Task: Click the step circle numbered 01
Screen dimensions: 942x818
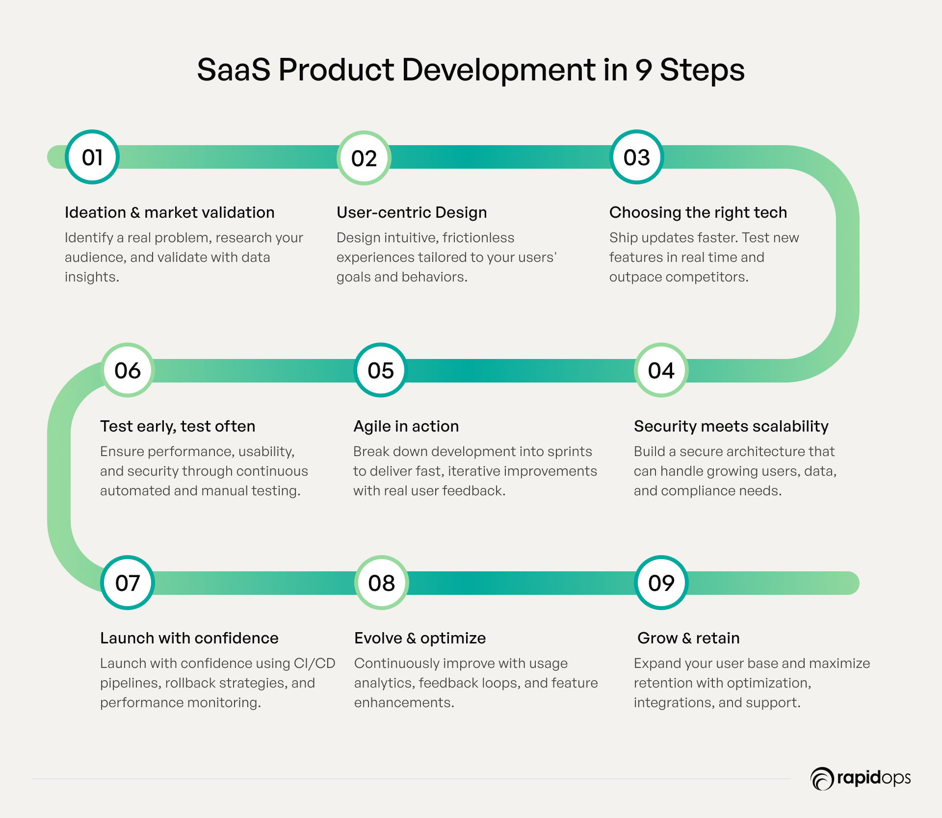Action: (x=92, y=157)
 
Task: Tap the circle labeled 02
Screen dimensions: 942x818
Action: (x=364, y=158)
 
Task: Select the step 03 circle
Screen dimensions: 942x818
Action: (x=637, y=157)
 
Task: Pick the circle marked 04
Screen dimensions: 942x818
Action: (x=661, y=370)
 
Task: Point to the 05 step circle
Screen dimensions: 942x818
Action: (x=381, y=370)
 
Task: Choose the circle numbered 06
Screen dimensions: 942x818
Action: (x=128, y=370)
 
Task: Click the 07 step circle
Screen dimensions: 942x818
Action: (x=128, y=583)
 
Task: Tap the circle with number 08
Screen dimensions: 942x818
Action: (x=382, y=583)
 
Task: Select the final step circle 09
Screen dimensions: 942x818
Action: (x=661, y=583)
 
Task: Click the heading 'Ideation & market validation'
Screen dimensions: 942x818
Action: (x=170, y=212)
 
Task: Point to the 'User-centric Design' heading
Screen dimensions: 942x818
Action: (x=412, y=212)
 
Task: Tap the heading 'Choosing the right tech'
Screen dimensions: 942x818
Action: (x=698, y=212)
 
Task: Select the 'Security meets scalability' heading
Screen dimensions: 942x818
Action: (x=731, y=426)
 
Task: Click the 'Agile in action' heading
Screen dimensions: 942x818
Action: (x=406, y=426)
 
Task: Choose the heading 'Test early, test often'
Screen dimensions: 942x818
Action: (x=178, y=426)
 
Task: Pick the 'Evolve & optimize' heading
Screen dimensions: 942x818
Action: (x=420, y=638)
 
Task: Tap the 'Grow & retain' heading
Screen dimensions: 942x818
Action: (x=688, y=638)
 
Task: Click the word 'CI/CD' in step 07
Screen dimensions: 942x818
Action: (x=314, y=664)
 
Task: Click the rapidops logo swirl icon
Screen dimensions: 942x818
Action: (x=822, y=779)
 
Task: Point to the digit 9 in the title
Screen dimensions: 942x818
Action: (x=643, y=70)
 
